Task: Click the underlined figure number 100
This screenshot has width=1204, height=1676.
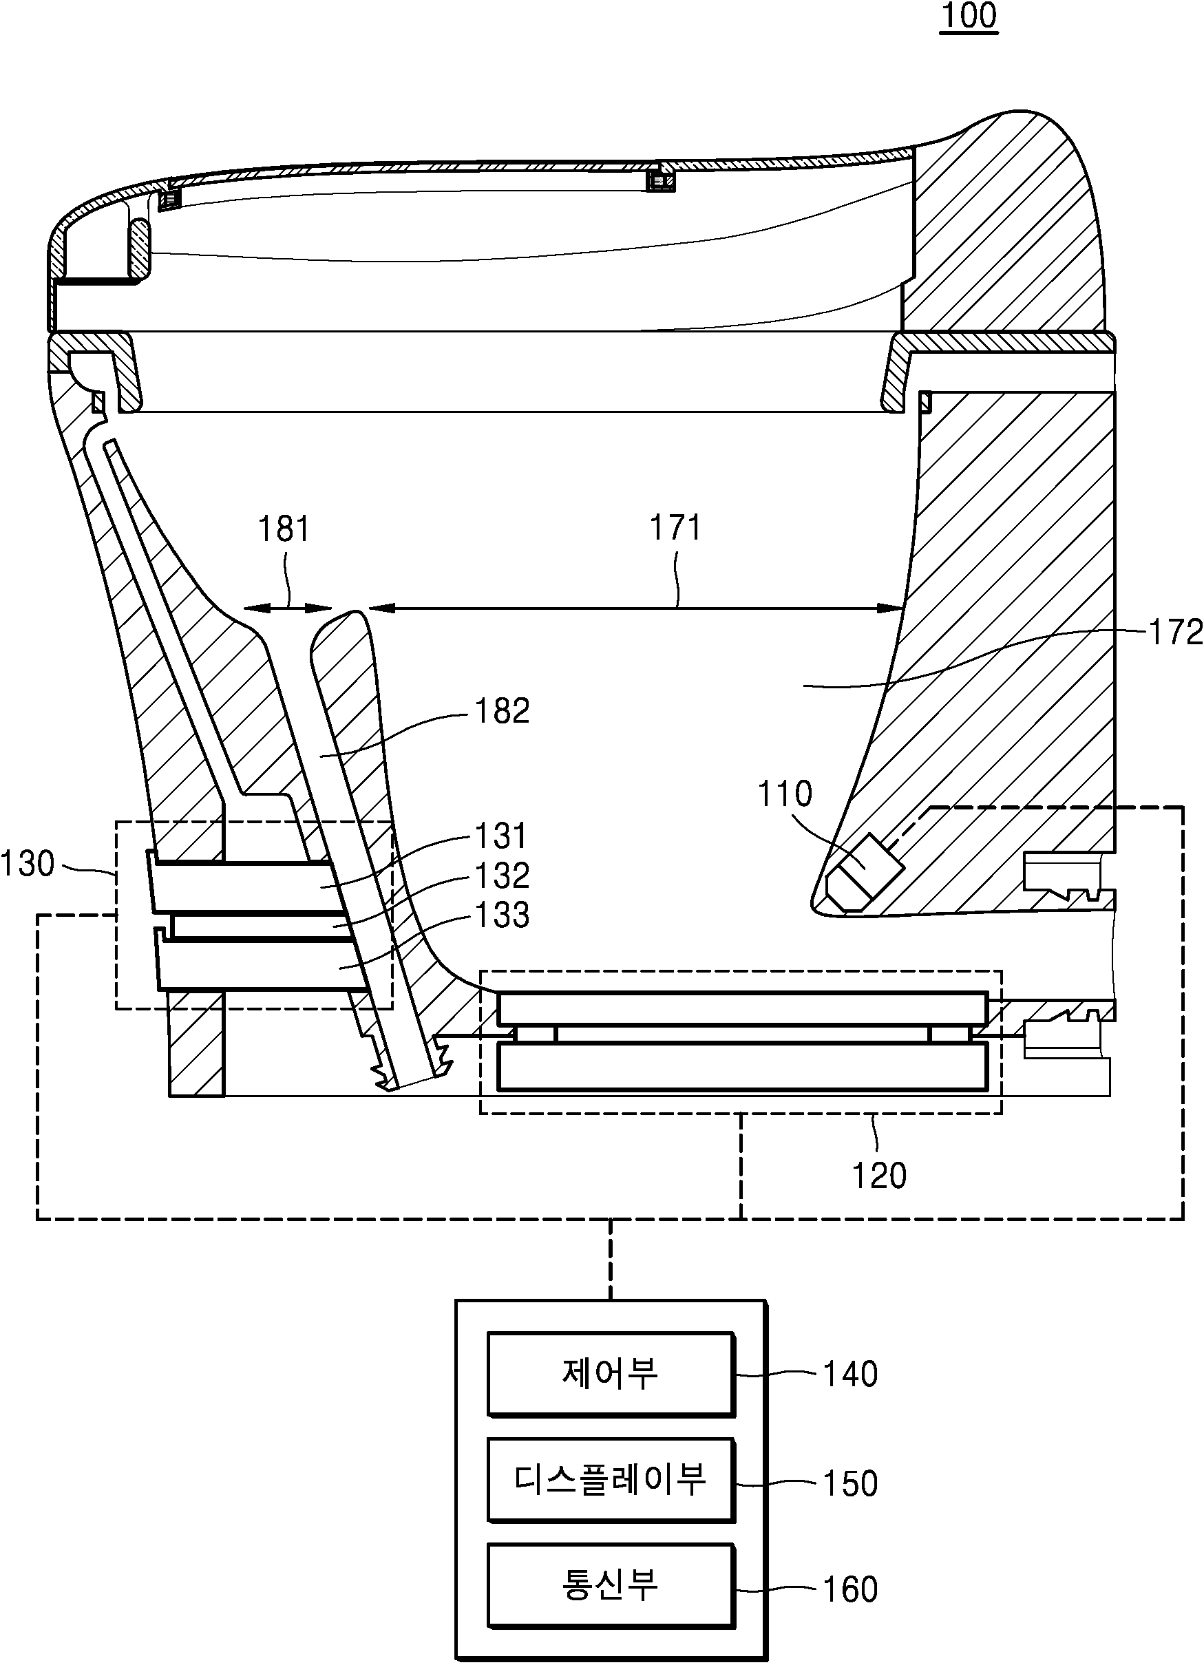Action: (x=969, y=16)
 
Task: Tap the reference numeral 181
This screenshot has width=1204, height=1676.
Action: (x=284, y=529)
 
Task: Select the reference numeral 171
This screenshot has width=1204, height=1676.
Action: (x=675, y=528)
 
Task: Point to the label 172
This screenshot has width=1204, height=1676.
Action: (x=1175, y=633)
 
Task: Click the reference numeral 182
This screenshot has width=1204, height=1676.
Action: (x=502, y=711)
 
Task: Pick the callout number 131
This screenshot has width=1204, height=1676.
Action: (x=502, y=836)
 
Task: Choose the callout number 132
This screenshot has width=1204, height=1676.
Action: (x=502, y=876)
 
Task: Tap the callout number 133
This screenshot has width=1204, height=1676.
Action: (x=502, y=915)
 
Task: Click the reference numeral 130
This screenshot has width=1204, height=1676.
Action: (x=28, y=864)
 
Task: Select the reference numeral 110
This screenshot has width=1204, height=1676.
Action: (x=785, y=794)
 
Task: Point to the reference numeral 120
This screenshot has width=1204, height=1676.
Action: (x=879, y=1176)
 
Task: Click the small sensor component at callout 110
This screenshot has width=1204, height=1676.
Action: (x=864, y=873)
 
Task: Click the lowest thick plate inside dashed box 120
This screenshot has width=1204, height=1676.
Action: (x=742, y=1065)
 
